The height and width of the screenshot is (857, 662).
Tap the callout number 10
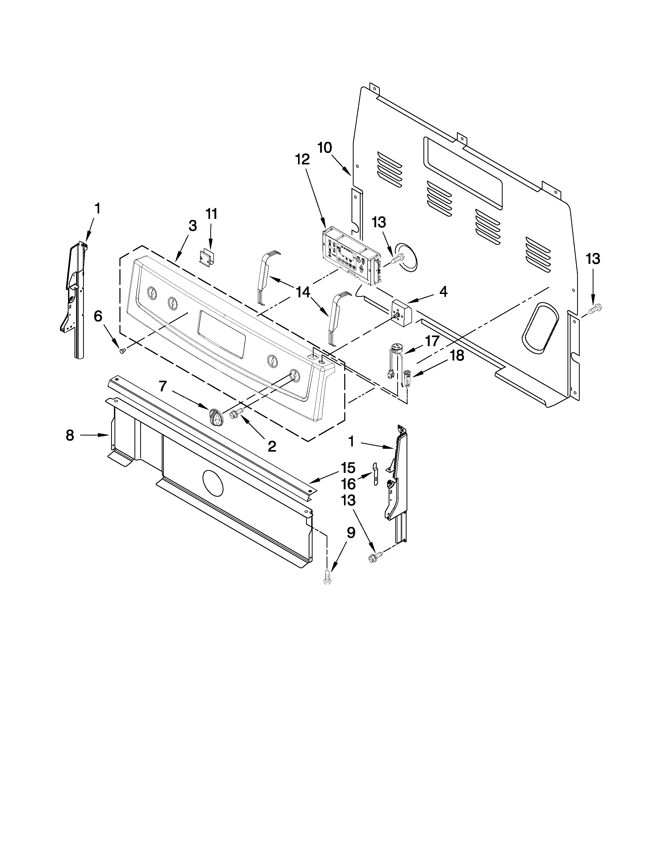click(325, 148)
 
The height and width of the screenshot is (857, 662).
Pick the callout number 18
click(457, 356)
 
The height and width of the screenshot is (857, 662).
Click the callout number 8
click(70, 435)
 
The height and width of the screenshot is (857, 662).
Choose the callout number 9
click(351, 533)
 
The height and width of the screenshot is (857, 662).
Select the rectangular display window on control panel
click(222, 333)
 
